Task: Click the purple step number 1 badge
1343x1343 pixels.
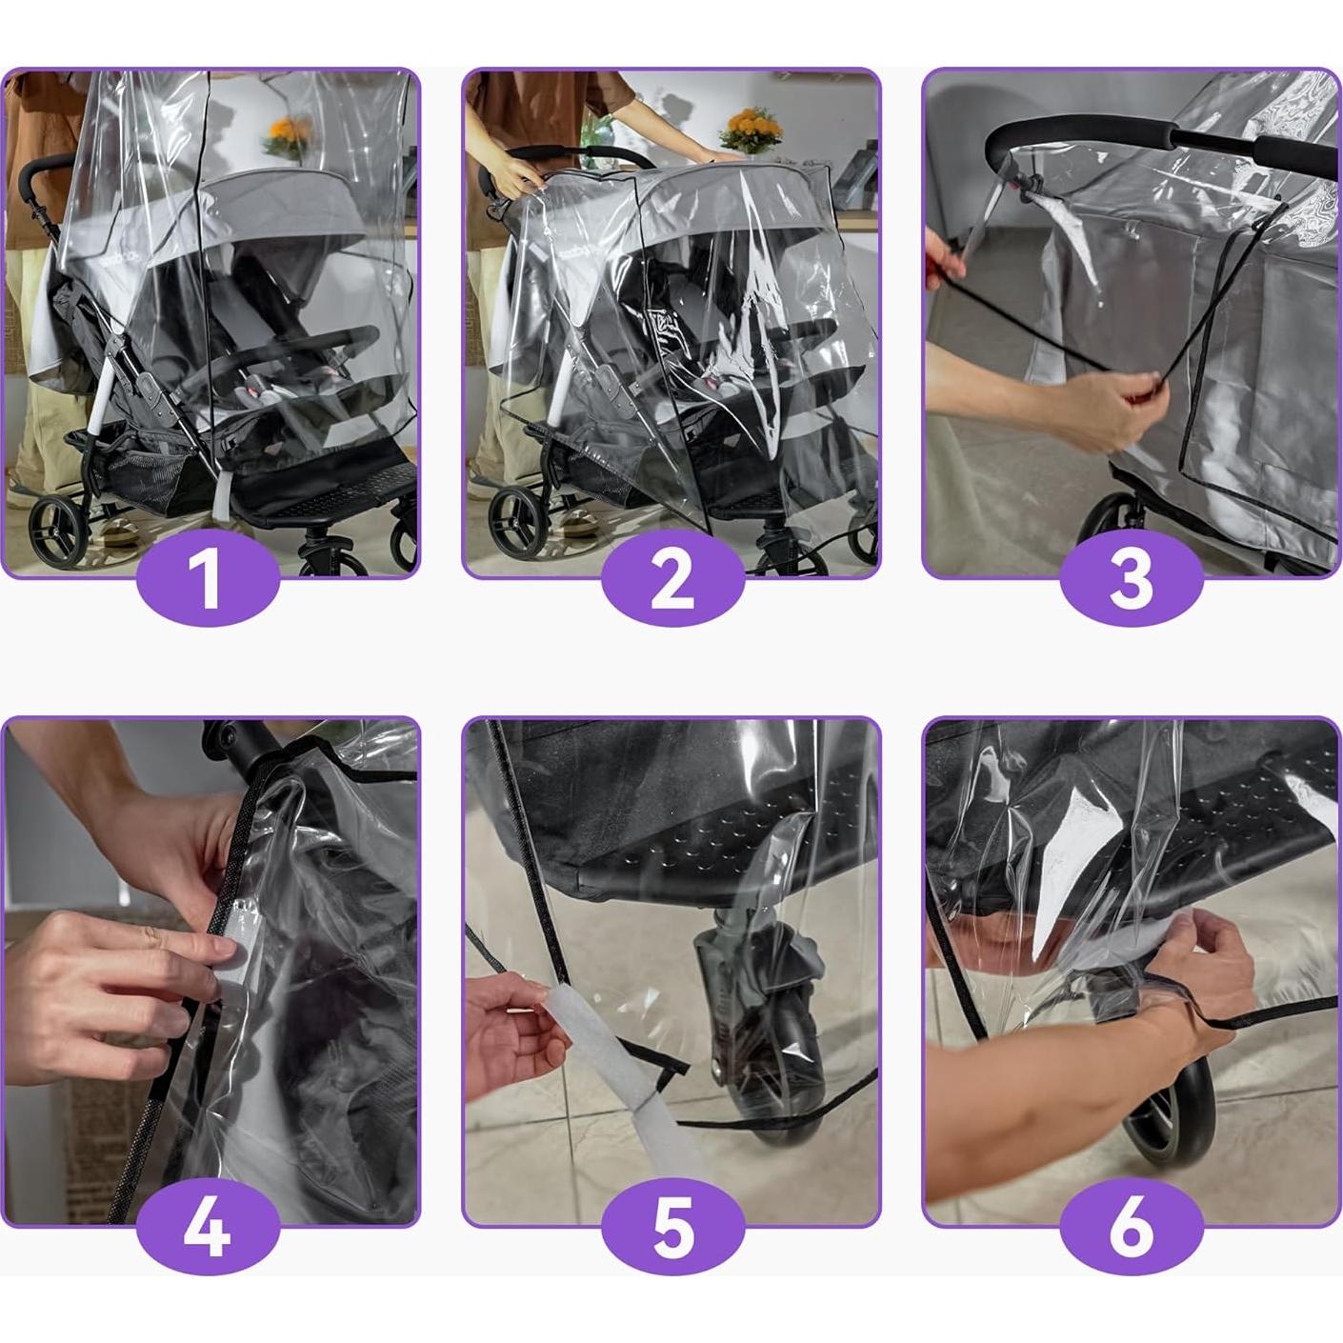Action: (x=208, y=581)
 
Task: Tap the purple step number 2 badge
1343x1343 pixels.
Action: (x=671, y=581)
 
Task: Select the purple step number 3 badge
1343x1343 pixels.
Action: (x=1132, y=581)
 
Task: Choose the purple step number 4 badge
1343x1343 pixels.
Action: (x=208, y=1230)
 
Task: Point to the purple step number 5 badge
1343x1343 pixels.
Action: (x=671, y=1230)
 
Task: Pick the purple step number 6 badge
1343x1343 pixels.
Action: (x=1132, y=1230)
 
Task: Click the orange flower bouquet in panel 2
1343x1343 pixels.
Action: (x=752, y=129)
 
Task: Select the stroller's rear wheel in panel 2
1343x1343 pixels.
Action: (x=518, y=523)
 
